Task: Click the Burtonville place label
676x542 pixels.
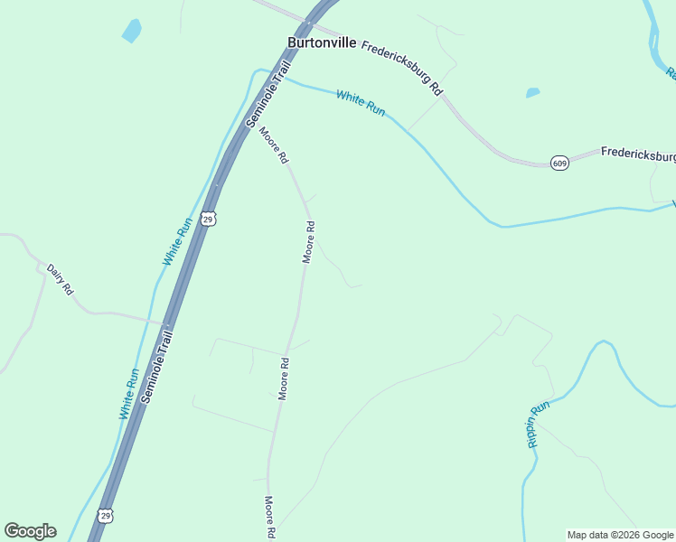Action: pyautogui.click(x=321, y=42)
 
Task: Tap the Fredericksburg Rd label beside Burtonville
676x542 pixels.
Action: pyautogui.click(x=401, y=69)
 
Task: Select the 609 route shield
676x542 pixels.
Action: pyautogui.click(x=559, y=164)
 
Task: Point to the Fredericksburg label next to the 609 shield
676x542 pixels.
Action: pyautogui.click(x=638, y=154)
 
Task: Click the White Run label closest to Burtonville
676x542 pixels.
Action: pyautogui.click(x=361, y=102)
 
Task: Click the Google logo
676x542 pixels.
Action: pyautogui.click(x=30, y=531)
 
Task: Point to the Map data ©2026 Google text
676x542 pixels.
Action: pyautogui.click(x=621, y=535)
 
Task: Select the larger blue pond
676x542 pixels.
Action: pyautogui.click(x=132, y=31)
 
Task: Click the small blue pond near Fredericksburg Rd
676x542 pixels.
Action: pyautogui.click(x=532, y=92)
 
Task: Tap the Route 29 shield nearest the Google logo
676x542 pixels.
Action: pyautogui.click(x=107, y=516)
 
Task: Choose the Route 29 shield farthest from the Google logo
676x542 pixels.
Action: pyautogui.click(x=209, y=219)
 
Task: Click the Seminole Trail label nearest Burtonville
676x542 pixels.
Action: pyautogui.click(x=268, y=96)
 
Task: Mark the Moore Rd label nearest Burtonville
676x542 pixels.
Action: pyautogui.click(x=274, y=145)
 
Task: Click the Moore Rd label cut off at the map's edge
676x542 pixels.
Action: pyautogui.click(x=269, y=518)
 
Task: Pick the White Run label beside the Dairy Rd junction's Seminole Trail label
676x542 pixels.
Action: pyautogui.click(x=128, y=394)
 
